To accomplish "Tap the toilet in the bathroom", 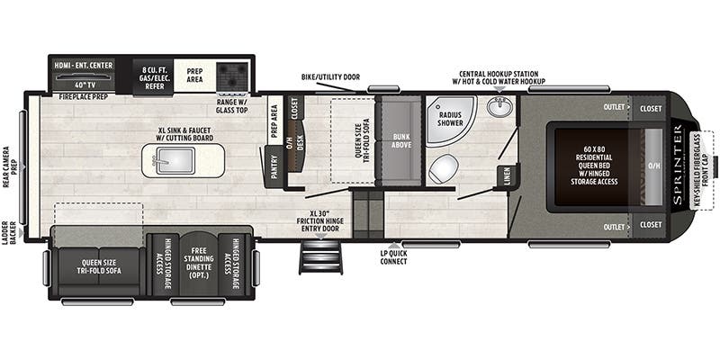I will coord(444,168).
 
